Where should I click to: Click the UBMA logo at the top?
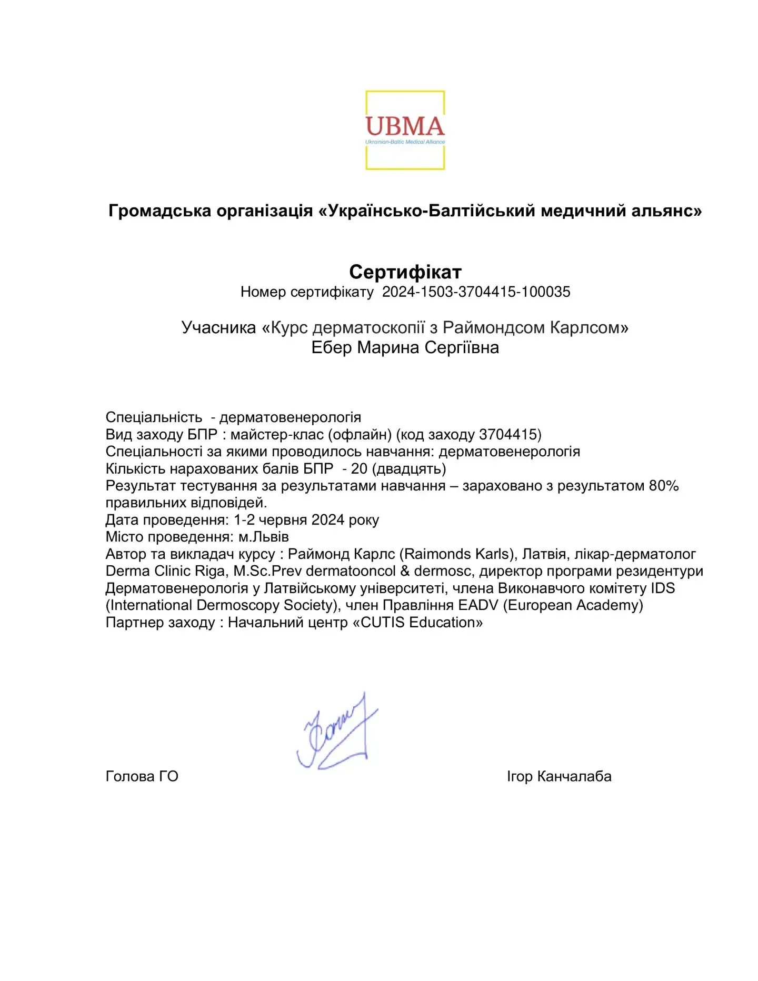(x=405, y=130)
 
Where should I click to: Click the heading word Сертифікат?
(x=405, y=272)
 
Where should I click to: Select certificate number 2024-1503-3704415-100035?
(x=476, y=292)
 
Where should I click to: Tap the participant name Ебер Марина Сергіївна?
(x=405, y=347)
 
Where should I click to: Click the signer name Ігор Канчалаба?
(x=558, y=776)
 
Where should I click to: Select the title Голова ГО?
(x=142, y=776)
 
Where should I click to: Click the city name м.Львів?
(x=264, y=537)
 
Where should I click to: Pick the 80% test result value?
(x=663, y=486)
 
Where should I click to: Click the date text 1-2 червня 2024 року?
(x=306, y=520)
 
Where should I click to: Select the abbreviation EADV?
(x=478, y=605)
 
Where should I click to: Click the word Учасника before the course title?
(x=218, y=327)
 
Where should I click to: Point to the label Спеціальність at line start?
(x=154, y=417)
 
